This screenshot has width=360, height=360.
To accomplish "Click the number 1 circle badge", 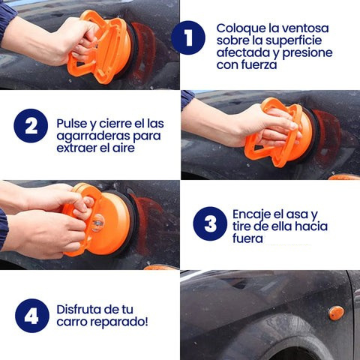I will tap(188, 37).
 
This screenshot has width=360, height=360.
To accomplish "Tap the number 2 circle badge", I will tap(30, 126).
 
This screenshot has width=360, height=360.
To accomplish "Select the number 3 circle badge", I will tap(210, 224).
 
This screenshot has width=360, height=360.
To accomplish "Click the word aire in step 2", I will tap(124, 148).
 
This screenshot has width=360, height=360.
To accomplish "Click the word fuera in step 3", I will tap(247, 238).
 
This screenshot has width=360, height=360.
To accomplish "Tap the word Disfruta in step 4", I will tap(79, 309).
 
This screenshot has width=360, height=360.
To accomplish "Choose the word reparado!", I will tap(119, 322).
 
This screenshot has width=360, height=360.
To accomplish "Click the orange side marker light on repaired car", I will tap(337, 313).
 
